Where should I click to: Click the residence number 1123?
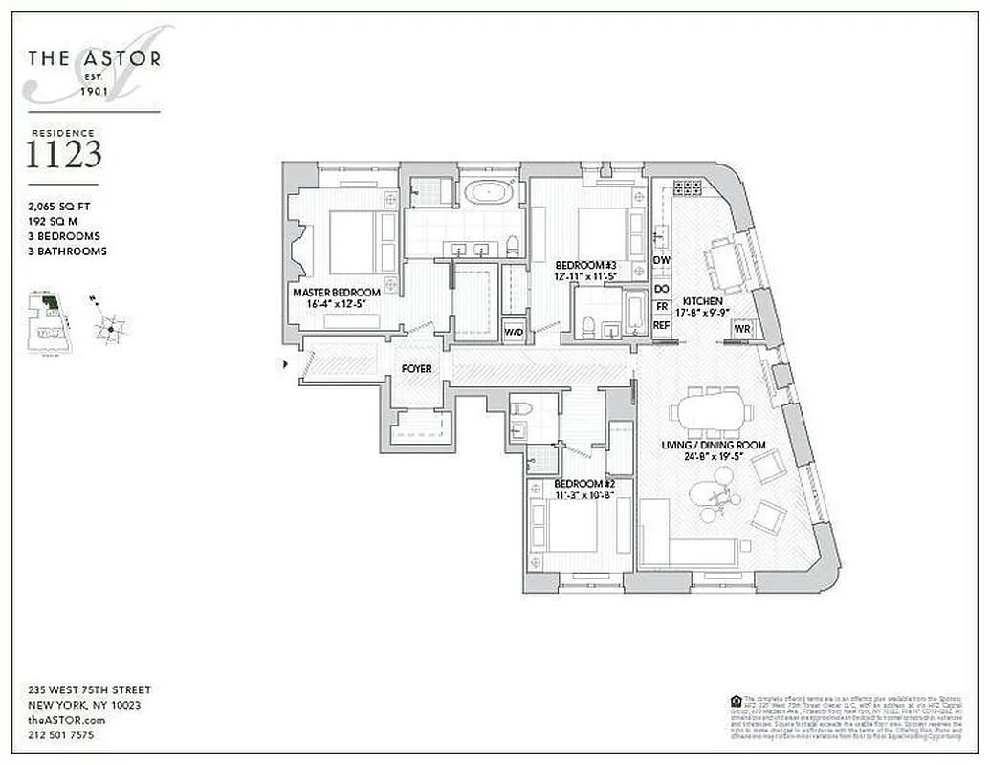click(x=63, y=155)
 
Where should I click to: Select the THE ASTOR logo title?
click(x=94, y=59)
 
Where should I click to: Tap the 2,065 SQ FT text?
click(x=62, y=205)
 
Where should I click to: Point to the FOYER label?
click(x=416, y=368)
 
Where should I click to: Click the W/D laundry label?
click(x=514, y=333)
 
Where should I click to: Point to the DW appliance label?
click(x=661, y=260)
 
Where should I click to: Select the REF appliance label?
click(x=661, y=325)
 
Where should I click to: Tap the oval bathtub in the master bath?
click(x=490, y=193)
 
